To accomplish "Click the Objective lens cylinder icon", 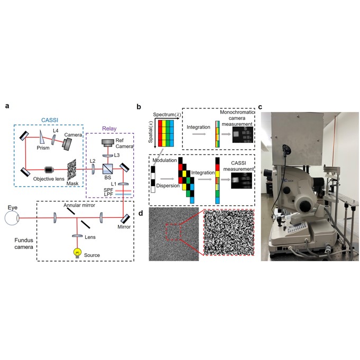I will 50,170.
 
